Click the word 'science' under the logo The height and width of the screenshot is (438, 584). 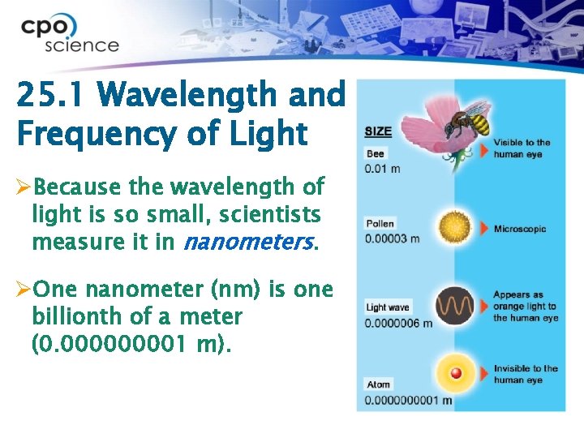tap(81, 45)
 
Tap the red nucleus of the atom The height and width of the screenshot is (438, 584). tap(456, 374)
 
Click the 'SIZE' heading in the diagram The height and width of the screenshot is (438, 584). tap(378, 131)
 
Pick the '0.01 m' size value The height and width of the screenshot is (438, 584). tap(382, 168)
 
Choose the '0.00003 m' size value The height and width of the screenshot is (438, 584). tap(393, 238)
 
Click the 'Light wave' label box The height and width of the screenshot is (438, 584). tap(388, 307)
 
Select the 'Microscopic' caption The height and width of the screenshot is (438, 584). tap(520, 229)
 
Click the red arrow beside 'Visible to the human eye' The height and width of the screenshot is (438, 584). tap(484, 149)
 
